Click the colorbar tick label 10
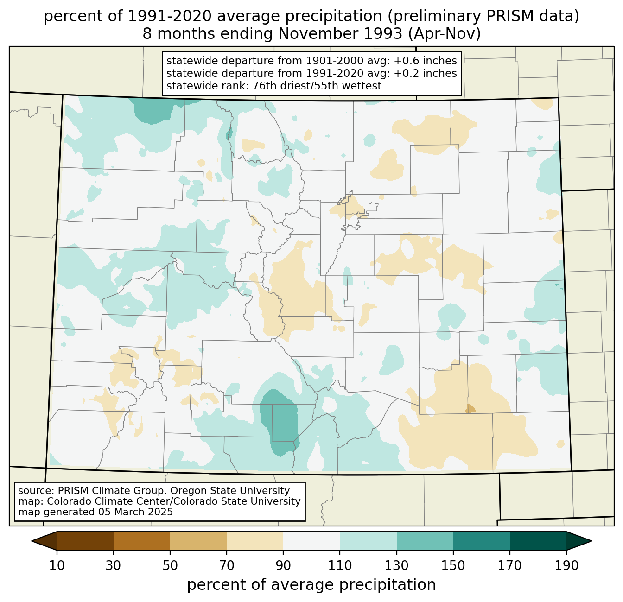click(57, 565)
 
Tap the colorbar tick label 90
click(283, 565)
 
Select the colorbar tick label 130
click(396, 565)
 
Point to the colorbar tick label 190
click(566, 565)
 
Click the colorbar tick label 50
click(170, 565)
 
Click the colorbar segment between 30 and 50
click(141, 541)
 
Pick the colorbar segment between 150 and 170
click(482, 541)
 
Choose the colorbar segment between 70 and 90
click(255, 541)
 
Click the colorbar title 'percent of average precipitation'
click(311, 585)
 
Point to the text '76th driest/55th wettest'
click(317, 86)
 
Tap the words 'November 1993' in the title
click(340, 34)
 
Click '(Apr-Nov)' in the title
click(445, 34)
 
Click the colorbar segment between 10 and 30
click(85, 541)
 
